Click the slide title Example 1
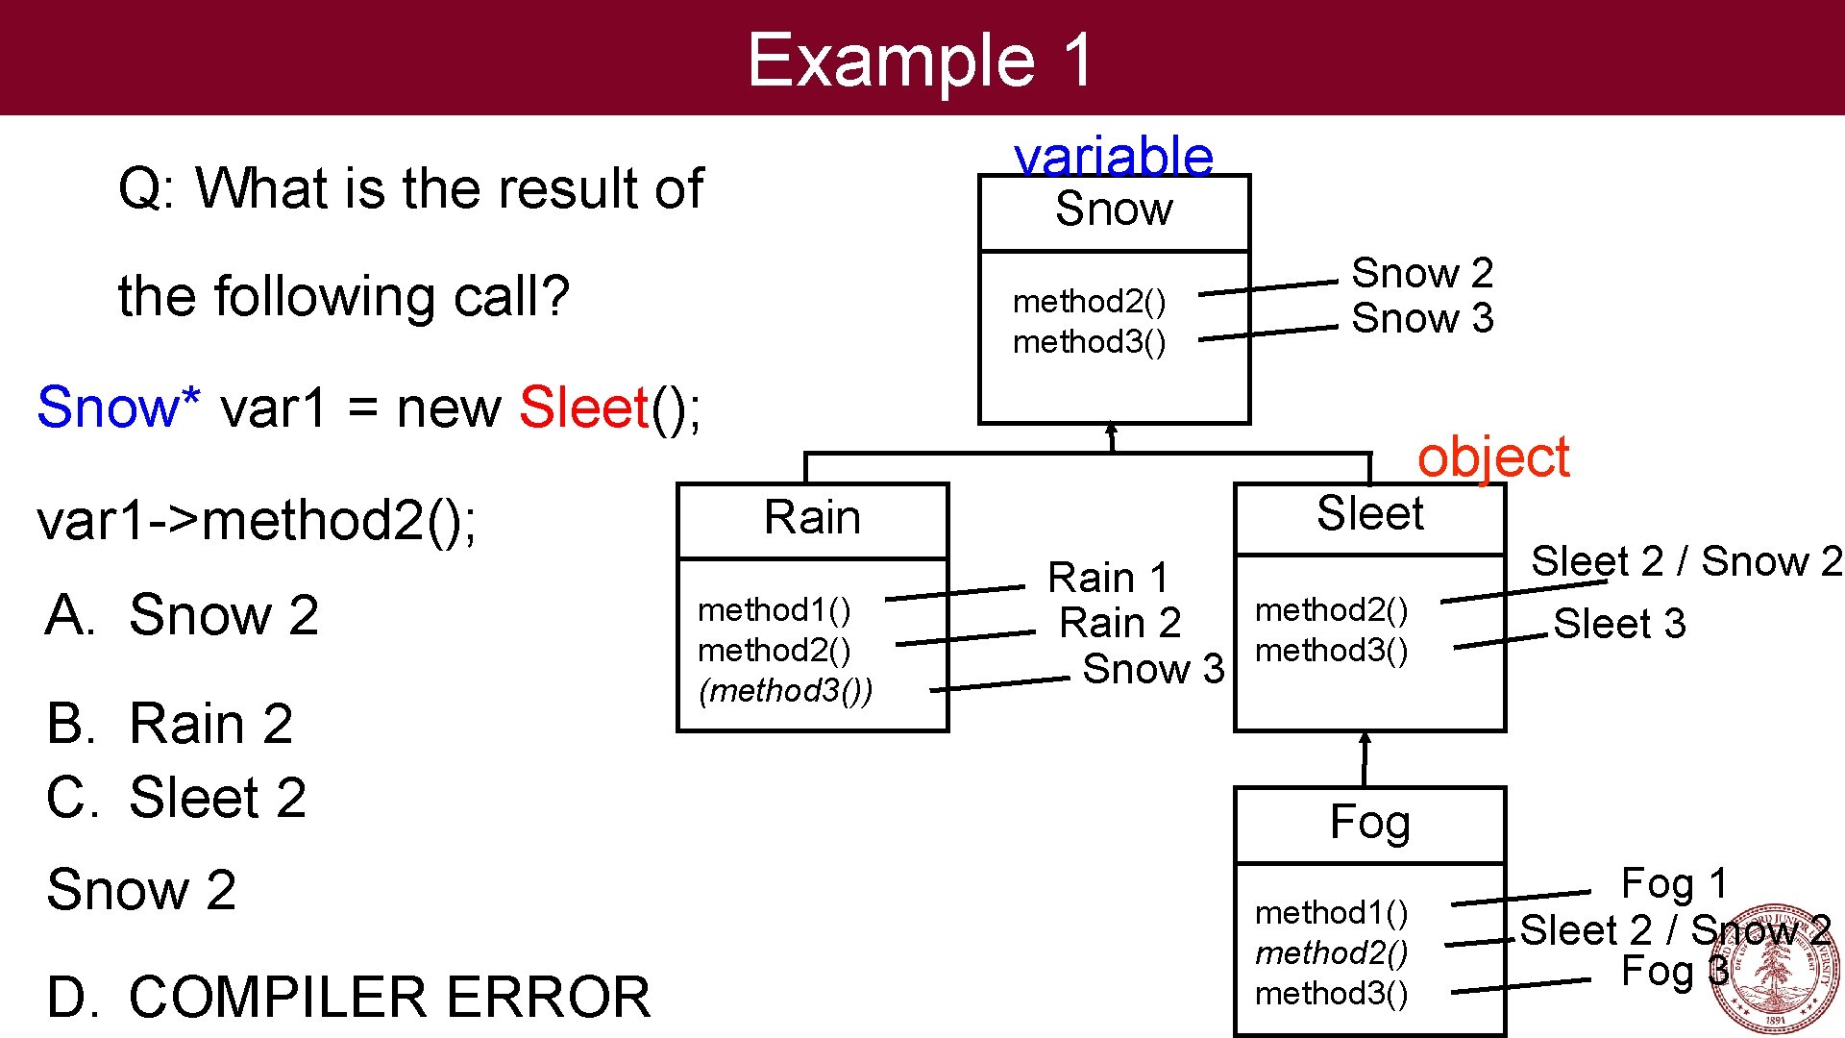920,60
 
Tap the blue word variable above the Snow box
1114,156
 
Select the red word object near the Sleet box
1492,457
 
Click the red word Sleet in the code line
584,408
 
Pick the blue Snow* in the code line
118,408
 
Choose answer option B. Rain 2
170,723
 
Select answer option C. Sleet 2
177,798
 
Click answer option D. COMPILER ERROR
348,997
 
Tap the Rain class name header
812,518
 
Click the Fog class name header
1369,823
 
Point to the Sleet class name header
1369,514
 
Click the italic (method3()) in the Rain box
785,691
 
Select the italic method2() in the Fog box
1331,952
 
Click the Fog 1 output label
1674,883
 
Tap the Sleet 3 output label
1619,624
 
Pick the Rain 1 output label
1108,578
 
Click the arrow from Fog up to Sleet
1365,758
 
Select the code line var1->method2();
257,521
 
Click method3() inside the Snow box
1089,342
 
